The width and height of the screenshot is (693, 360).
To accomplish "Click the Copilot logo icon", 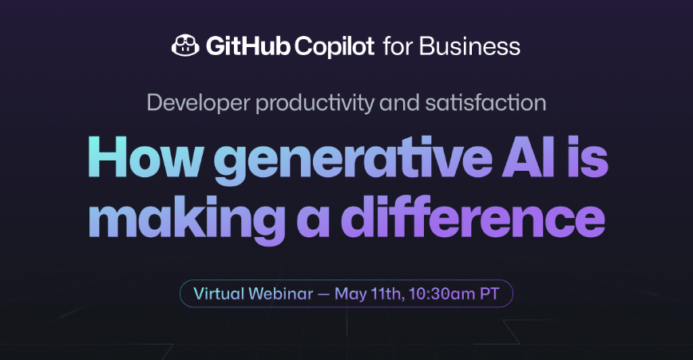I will click(x=186, y=46).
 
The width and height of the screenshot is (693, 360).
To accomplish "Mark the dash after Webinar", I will click(x=323, y=293).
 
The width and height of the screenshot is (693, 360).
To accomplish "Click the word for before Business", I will click(x=398, y=46).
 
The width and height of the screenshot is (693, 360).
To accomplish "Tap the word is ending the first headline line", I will click(x=589, y=157).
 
